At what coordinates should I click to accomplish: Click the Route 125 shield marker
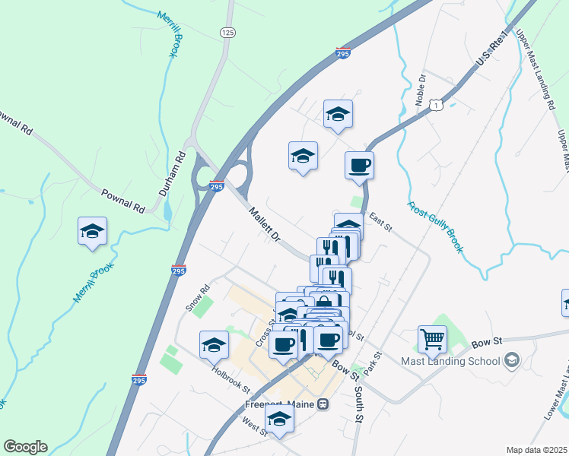tap(227, 32)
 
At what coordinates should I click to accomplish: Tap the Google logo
tap(25, 447)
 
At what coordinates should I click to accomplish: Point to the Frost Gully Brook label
tap(434, 226)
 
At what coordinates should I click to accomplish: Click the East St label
tap(380, 223)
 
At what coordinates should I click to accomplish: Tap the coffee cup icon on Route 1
tap(359, 165)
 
